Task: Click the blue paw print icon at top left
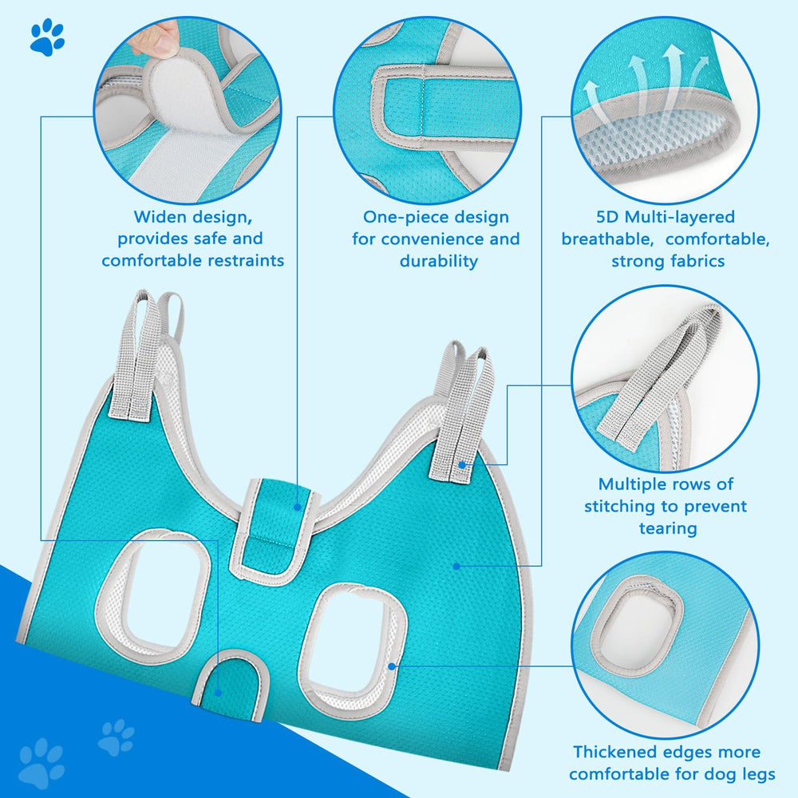(47, 37)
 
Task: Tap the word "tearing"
(667, 527)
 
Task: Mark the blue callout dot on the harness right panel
(456, 566)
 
